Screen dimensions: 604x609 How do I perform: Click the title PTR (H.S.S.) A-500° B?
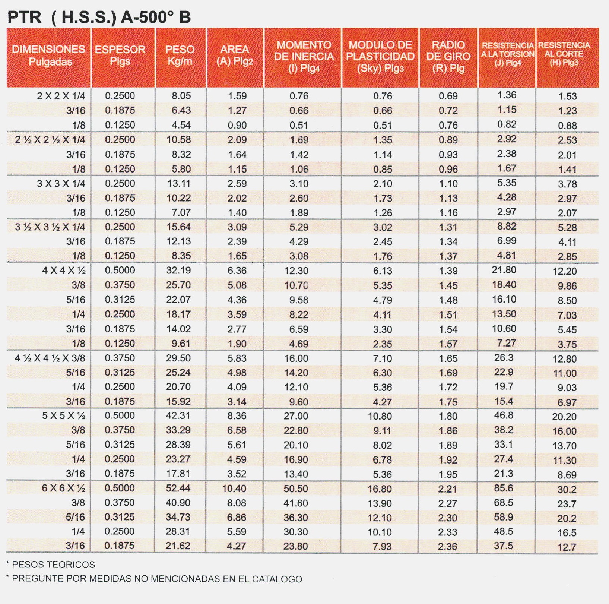pyautogui.click(x=99, y=17)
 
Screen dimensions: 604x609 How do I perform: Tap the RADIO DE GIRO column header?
pyautogui.click(x=448, y=57)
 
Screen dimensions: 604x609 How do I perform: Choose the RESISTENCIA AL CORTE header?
pyautogui.click(x=564, y=54)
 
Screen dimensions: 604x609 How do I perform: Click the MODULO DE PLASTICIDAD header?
pyautogui.click(x=380, y=57)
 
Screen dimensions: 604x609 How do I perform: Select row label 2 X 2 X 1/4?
pyautogui.click(x=61, y=96)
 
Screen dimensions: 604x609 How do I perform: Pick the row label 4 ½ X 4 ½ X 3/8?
pyautogui.click(x=50, y=358)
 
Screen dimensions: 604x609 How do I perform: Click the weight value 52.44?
pyautogui.click(x=178, y=488)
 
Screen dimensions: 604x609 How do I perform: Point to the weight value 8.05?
pyautogui.click(x=181, y=96)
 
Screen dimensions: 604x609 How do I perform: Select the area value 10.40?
pyautogui.click(x=234, y=488)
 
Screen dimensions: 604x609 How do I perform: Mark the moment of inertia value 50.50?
pyautogui.click(x=295, y=488)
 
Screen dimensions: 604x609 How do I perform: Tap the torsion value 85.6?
pyautogui.click(x=503, y=488)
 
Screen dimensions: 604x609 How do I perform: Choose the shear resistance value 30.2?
pyautogui.click(x=567, y=490)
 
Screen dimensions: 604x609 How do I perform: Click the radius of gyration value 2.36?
pyautogui.click(x=447, y=547)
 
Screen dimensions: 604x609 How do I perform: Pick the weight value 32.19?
pyautogui.click(x=178, y=271)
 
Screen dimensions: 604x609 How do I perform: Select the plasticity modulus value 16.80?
pyautogui.click(x=380, y=489)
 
